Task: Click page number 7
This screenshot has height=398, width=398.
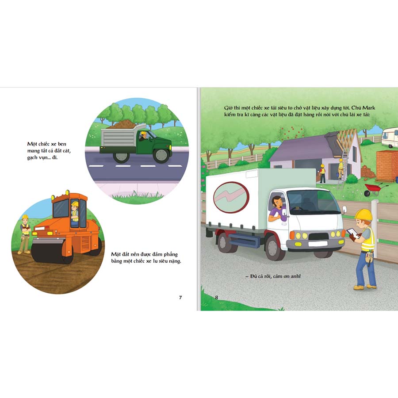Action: coord(180,298)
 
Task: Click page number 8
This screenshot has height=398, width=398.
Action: coord(217,298)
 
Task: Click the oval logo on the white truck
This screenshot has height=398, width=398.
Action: coord(231,197)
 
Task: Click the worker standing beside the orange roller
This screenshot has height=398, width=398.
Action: coord(25,234)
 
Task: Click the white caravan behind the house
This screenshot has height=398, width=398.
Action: coord(390,138)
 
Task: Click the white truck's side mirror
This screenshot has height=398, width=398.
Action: coord(344,210)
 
